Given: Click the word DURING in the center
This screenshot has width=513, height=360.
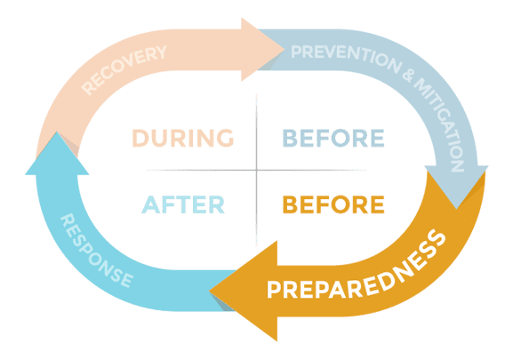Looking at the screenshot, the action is click(183, 138).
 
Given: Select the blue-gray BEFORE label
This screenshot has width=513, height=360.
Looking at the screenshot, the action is click(333, 138).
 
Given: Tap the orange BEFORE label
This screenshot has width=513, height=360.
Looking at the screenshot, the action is click(333, 204).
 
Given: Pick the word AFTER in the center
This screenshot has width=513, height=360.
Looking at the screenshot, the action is click(183, 204).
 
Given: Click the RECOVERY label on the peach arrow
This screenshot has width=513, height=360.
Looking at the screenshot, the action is click(124, 70).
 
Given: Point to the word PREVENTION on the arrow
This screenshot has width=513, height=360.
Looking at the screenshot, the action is click(346, 58).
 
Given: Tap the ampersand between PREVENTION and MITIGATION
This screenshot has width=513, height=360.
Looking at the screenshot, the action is click(407, 76).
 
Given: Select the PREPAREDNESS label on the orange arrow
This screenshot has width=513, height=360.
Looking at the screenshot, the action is click(356, 268).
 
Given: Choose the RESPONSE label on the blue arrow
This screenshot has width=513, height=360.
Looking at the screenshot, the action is click(97, 251).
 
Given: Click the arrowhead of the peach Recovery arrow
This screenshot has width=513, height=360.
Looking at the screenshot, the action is click(262, 50).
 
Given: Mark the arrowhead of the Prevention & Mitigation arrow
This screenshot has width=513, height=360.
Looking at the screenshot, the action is click(456, 187).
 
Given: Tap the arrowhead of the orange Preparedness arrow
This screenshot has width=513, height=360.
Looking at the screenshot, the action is click(244, 291).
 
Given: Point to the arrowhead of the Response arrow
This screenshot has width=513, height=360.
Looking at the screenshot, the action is click(57, 153).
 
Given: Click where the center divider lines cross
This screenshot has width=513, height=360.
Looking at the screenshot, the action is click(256, 170).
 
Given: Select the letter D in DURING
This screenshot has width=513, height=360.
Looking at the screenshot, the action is click(140, 138).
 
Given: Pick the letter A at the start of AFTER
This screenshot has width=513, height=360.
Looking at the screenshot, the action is click(150, 204).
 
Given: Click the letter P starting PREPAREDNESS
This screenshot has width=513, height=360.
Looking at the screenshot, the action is click(274, 290).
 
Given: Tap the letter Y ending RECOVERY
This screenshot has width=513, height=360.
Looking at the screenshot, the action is click(160, 52).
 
